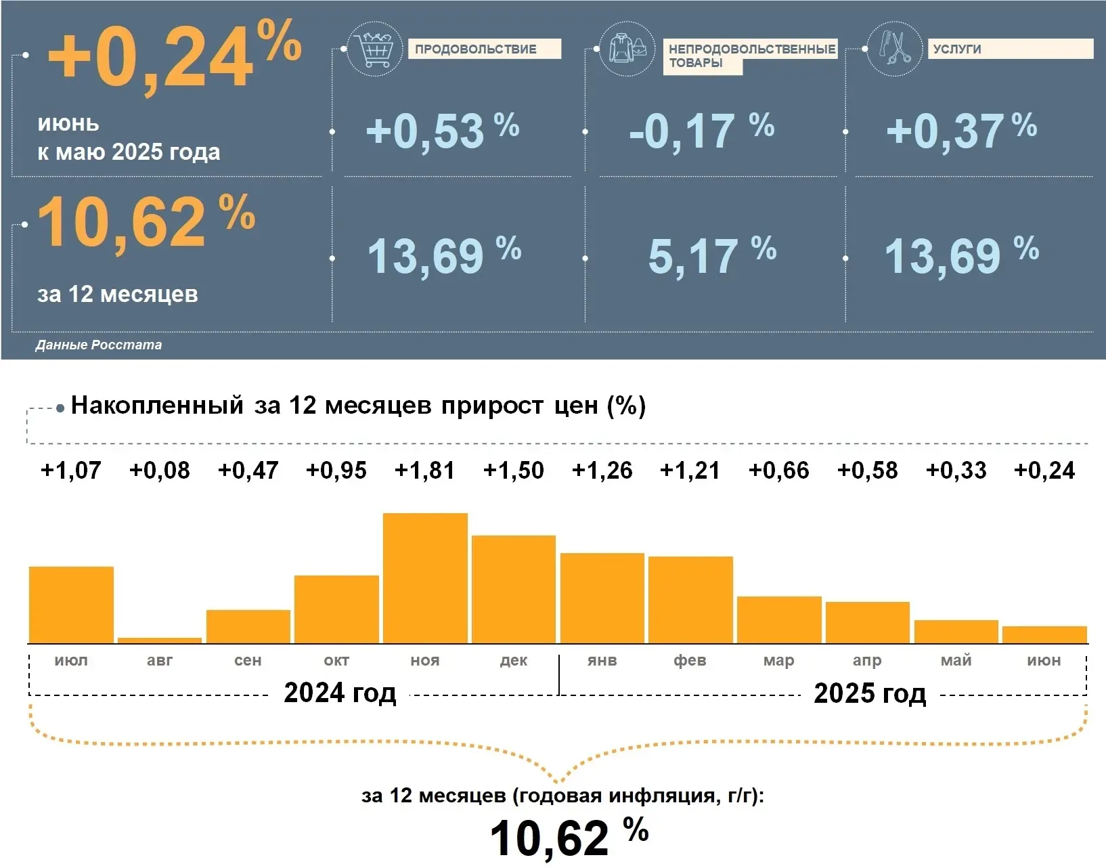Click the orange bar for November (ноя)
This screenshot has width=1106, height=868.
(x=425, y=578)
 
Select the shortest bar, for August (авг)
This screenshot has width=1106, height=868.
(x=160, y=640)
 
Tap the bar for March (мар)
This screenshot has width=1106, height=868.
(x=779, y=620)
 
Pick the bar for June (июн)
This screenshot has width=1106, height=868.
(x=1044, y=634)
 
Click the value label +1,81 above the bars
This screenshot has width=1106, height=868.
(x=425, y=471)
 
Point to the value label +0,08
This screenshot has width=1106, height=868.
(x=160, y=471)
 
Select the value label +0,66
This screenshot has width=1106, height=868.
(x=779, y=471)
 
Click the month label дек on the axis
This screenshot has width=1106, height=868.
(x=514, y=660)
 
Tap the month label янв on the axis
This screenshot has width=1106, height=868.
(x=602, y=660)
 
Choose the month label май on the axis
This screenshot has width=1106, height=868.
(x=956, y=660)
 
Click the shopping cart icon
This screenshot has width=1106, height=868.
(x=374, y=49)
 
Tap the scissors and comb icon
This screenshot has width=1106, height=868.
(x=894, y=49)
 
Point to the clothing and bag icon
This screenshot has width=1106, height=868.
(x=627, y=49)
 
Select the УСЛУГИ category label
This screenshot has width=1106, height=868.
(x=956, y=49)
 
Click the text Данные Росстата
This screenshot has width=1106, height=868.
(x=99, y=345)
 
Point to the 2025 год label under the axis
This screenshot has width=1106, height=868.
(x=870, y=693)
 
